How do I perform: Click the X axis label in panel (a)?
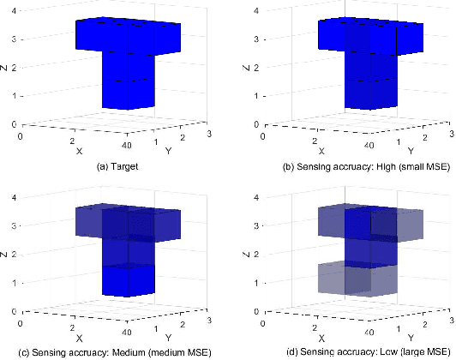80,150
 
